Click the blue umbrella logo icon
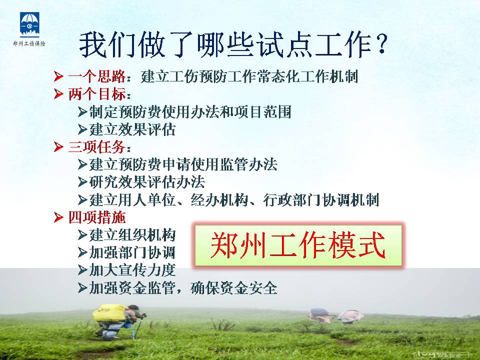click(x=29, y=24)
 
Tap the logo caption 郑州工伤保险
click(x=29, y=44)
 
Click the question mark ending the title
click(x=381, y=44)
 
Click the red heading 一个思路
click(x=96, y=76)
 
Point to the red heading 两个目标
click(x=96, y=94)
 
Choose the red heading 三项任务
click(x=96, y=147)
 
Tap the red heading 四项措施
click(x=96, y=217)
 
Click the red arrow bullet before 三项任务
click(x=58, y=147)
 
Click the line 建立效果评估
click(x=132, y=129)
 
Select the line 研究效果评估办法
click(x=147, y=182)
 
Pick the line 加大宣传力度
click(x=132, y=270)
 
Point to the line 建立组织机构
click(x=132, y=235)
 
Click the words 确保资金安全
click(x=234, y=288)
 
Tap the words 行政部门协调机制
click(x=321, y=200)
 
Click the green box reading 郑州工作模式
click(x=298, y=245)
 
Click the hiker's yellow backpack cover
click(x=110, y=313)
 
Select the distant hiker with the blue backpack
click(x=320, y=315)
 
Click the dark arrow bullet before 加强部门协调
click(x=82, y=253)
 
